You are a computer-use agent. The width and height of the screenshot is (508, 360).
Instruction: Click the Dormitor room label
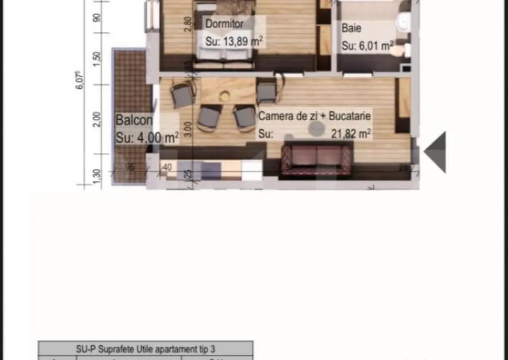224,24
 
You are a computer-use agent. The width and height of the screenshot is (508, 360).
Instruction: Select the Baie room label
351,28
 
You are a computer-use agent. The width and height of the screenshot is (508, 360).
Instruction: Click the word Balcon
134,120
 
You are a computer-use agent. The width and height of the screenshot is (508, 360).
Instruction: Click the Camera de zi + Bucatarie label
314,116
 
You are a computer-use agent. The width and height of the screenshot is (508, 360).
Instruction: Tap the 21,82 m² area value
351,134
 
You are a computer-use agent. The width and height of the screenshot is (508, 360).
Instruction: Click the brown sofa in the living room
317,159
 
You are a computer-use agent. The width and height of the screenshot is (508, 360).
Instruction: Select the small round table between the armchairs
224,96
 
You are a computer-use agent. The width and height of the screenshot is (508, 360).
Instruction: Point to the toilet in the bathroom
403,22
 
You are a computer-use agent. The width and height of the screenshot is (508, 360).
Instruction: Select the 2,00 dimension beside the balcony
96,120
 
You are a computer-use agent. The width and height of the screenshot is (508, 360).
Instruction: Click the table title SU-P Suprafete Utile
146,348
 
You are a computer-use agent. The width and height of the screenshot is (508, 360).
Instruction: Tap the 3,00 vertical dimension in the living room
187,129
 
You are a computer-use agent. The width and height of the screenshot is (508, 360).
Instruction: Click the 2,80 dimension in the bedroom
187,24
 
